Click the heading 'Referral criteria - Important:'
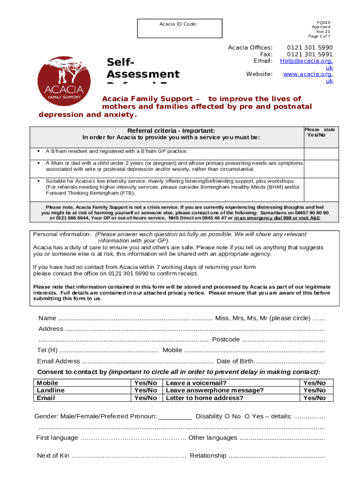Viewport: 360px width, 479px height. click(167, 131)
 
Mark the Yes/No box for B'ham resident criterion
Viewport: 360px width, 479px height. click(321, 153)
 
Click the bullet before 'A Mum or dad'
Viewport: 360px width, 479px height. click(37, 163)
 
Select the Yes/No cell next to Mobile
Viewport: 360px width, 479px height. click(145, 383)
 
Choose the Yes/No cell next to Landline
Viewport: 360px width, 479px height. click(145, 390)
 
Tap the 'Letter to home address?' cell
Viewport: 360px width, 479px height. click(205, 398)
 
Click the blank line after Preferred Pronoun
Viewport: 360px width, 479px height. click(175, 416)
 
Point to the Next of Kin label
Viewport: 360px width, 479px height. click(53, 456)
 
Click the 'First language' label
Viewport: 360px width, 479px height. click(57, 438)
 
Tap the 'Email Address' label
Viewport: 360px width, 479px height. click(58, 361)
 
